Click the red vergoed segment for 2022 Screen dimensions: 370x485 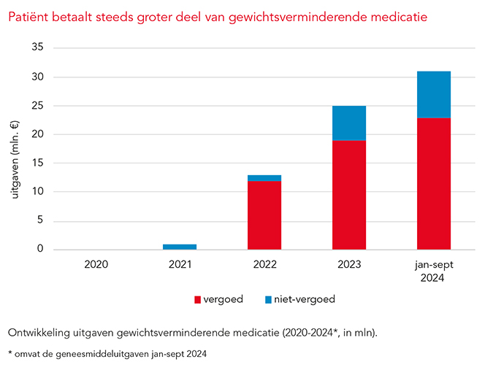(264, 215)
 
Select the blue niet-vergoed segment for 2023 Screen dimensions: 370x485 (349, 123)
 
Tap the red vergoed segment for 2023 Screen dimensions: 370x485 (349, 195)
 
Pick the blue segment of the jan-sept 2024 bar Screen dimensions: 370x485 (434, 94)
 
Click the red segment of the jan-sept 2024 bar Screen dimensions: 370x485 (434, 183)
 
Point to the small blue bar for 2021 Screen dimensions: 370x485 (180, 247)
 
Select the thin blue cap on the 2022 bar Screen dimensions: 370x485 (264, 178)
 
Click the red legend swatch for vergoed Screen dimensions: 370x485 (197, 299)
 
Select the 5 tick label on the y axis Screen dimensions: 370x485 (39, 221)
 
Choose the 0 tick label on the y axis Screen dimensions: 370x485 (39, 250)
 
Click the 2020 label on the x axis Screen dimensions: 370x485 (95, 265)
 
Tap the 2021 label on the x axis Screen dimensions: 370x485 (180, 265)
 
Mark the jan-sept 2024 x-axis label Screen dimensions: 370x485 (434, 271)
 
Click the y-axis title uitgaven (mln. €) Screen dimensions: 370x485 (17, 150)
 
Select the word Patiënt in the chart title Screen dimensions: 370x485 (28, 15)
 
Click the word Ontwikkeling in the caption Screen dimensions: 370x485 (40, 333)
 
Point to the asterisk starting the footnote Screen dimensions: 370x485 (9, 354)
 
